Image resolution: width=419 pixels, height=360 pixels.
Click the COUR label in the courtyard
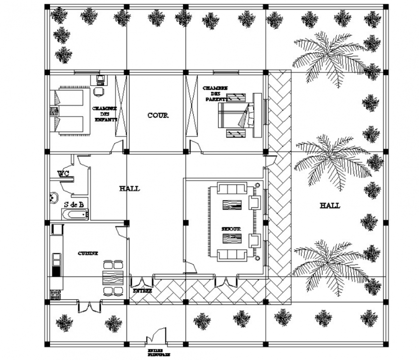157,116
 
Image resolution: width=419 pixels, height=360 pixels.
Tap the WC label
63,173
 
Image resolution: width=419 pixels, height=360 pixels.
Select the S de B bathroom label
74,204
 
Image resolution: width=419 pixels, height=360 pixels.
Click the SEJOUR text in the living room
231,229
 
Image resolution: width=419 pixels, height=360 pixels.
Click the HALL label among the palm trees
329,206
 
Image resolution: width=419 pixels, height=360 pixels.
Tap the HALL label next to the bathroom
130,189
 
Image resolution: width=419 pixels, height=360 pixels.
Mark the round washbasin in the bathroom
53,198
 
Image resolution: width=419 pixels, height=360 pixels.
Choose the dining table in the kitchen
114,278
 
